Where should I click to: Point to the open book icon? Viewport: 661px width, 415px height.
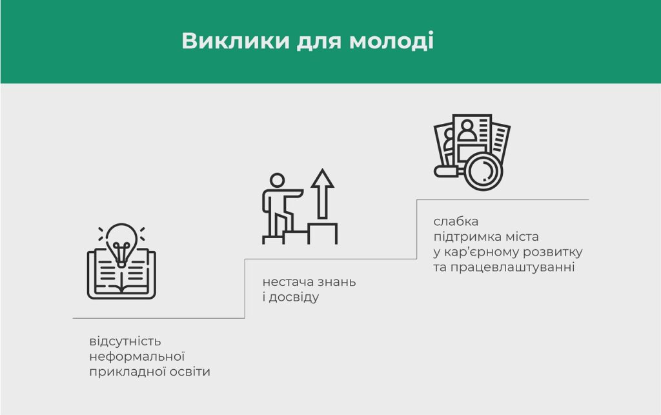(x=121, y=274)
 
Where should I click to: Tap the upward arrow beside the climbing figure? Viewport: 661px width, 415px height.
(x=323, y=194)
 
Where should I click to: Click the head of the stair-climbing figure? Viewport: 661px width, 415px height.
(x=277, y=180)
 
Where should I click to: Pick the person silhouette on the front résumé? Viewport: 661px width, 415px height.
(x=467, y=130)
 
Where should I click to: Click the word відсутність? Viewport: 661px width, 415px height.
(x=125, y=341)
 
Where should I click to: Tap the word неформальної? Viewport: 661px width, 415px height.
(x=137, y=357)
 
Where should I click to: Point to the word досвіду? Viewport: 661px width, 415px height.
(x=294, y=298)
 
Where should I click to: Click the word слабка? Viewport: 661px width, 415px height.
(x=456, y=221)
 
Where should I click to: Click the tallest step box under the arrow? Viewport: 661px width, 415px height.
(x=323, y=234)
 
